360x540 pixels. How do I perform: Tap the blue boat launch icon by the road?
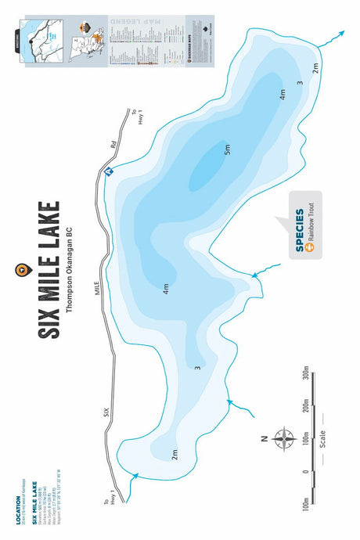pos(109,172)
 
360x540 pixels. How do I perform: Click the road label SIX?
pos(110,410)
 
